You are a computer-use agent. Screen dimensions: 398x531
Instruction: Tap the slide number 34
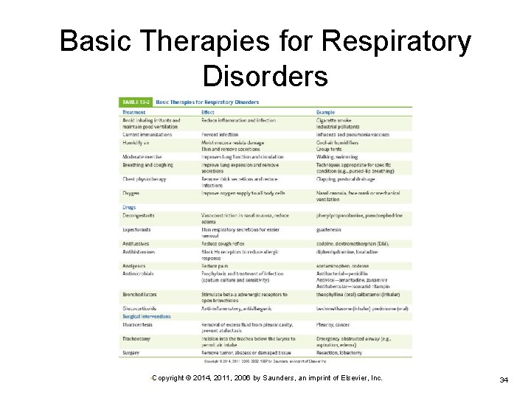[504, 379]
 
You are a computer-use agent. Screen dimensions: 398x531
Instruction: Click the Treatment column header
[133, 113]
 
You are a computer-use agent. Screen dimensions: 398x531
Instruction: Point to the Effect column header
[208, 113]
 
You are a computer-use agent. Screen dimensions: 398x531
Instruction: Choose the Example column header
[325, 113]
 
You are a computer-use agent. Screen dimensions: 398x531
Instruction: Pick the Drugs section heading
[128, 208]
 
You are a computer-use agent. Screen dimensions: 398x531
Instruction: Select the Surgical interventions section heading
[146, 316]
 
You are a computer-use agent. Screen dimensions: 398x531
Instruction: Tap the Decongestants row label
[139, 216]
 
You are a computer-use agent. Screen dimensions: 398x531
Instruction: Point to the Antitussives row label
[136, 243]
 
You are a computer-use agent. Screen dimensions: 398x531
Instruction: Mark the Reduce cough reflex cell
[223, 243]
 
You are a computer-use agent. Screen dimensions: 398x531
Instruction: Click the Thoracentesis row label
[137, 324]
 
